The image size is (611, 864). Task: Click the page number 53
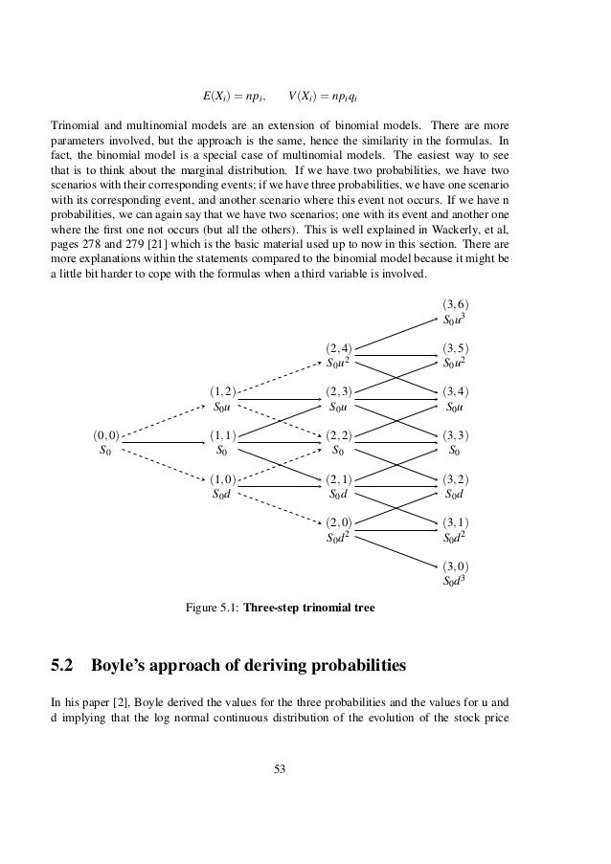(x=280, y=767)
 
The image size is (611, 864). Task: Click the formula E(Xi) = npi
(x=234, y=97)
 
